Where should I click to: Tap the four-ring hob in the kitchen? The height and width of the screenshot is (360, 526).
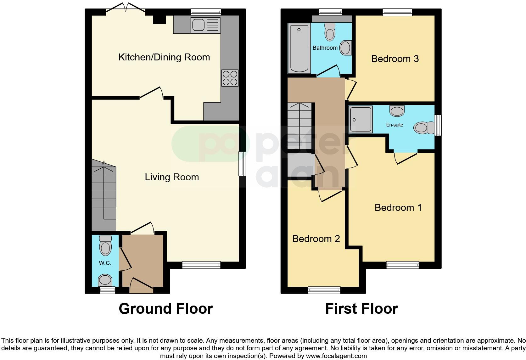tap(230, 78)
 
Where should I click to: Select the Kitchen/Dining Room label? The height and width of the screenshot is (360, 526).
tap(164, 57)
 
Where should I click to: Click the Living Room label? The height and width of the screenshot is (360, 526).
tap(172, 177)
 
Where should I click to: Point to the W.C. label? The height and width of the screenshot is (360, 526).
tap(105, 263)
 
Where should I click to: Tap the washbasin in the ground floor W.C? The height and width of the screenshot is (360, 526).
tap(105, 280)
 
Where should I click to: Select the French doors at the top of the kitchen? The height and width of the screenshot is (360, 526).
tap(126, 9)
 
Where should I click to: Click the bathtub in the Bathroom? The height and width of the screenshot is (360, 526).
tap(299, 49)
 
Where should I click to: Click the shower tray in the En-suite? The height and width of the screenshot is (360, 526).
tap(361, 119)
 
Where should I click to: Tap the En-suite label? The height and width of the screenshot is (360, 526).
tap(394, 125)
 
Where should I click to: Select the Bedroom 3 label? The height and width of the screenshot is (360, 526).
tap(395, 59)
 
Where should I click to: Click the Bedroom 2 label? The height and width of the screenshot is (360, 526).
tap(316, 239)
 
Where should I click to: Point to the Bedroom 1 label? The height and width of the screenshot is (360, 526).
tap(398, 208)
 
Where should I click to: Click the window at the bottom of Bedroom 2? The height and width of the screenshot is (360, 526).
tap(324, 290)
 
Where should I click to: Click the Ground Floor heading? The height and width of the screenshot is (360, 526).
tap(166, 309)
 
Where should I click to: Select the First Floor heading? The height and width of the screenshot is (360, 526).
tap(361, 309)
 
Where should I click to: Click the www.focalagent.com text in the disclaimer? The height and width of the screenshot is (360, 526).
tap(336, 356)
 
